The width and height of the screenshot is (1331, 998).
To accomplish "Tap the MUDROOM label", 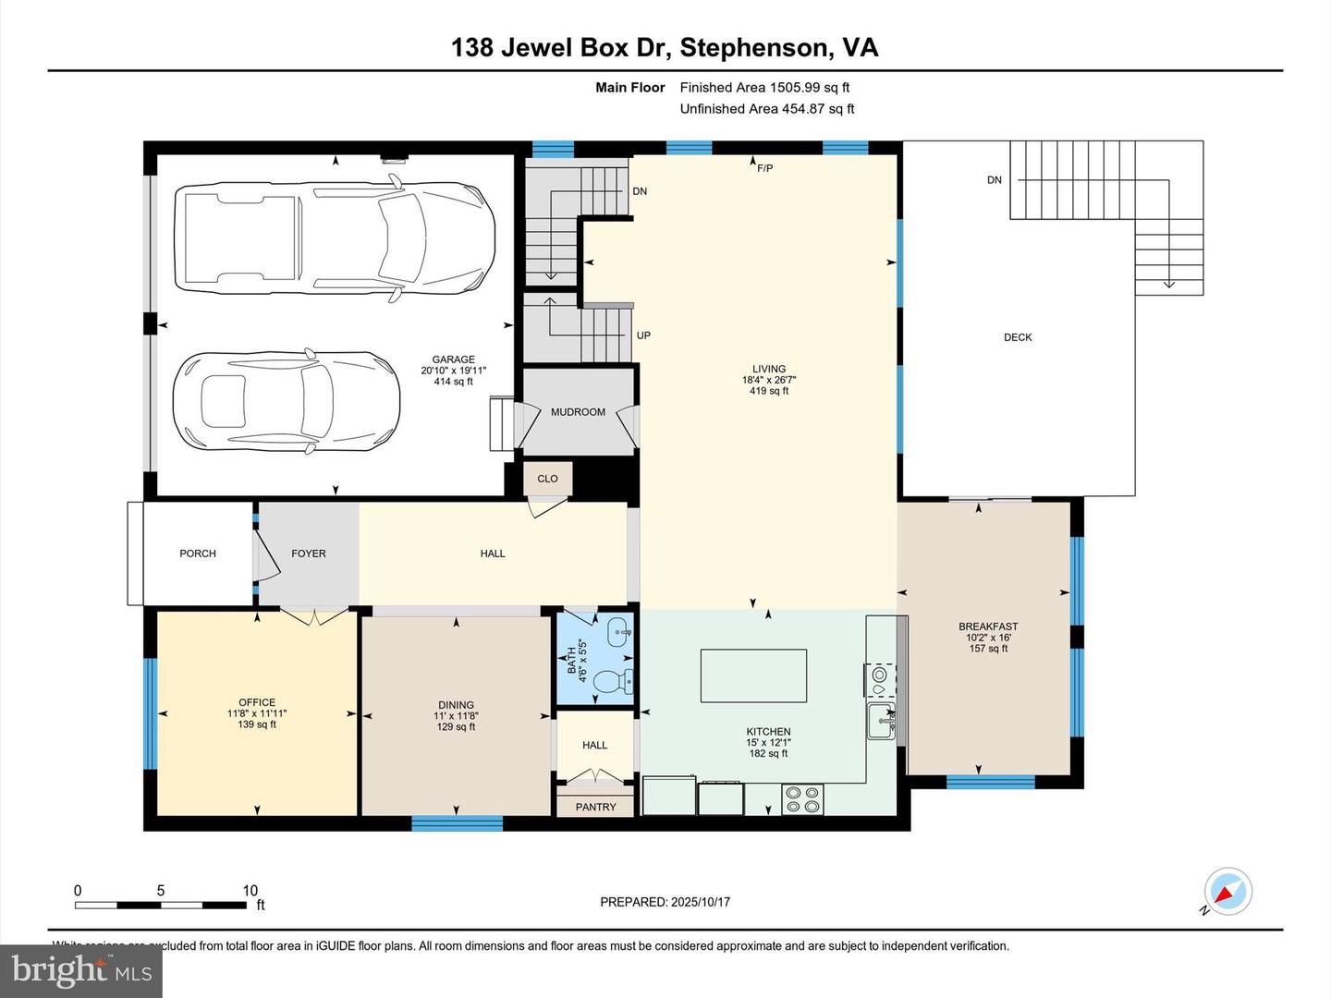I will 578,412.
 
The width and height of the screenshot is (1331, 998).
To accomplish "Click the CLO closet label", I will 547,479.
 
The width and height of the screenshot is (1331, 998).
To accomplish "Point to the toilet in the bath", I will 610,682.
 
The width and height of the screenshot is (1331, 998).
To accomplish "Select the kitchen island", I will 753,675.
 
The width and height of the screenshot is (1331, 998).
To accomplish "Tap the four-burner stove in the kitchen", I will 802,798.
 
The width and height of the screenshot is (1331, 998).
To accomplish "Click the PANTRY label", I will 595,807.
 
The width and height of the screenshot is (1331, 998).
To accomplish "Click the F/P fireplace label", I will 764,168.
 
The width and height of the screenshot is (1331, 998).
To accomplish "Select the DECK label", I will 1018,337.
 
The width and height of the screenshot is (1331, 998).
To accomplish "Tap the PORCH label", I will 198,554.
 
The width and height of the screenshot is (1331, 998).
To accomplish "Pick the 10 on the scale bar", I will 250,891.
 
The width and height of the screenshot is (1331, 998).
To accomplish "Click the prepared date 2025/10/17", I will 701,902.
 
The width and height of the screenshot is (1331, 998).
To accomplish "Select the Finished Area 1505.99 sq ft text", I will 764,88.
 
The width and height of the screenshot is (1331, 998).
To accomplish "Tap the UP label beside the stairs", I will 643,335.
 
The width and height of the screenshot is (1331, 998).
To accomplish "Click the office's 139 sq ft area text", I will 257,724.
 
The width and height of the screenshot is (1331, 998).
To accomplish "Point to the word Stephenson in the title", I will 754,48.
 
